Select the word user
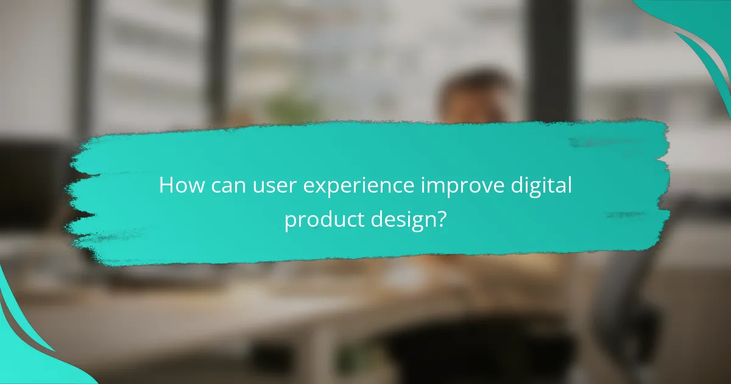point(265,185)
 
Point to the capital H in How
point(166,185)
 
